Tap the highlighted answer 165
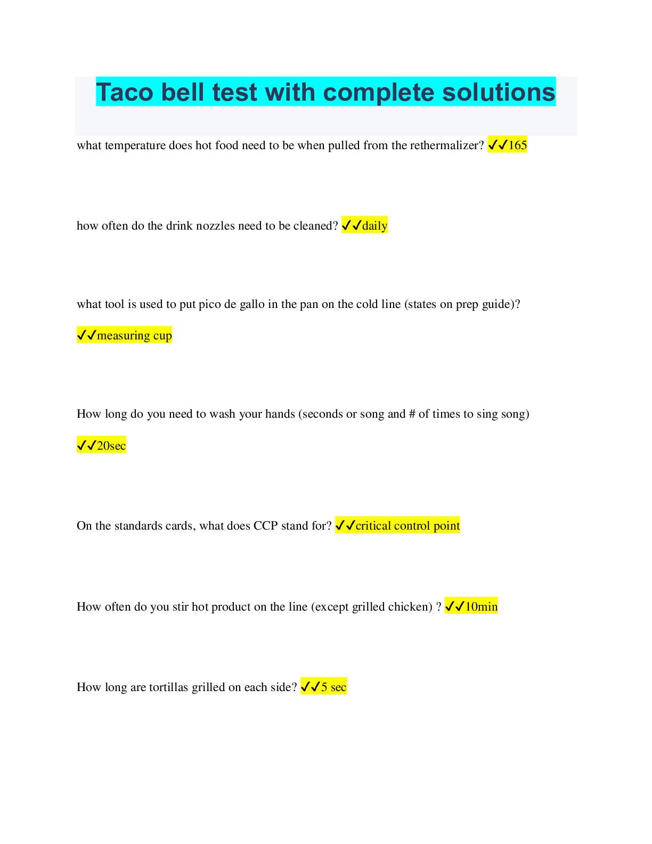[x=517, y=145]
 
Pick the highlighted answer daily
[x=374, y=225]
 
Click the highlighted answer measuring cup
[x=134, y=335]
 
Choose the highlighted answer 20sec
[x=111, y=445]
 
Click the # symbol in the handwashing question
[x=412, y=414]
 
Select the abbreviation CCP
[x=265, y=526]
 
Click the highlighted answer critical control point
[x=407, y=526]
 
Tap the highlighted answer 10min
[x=481, y=606]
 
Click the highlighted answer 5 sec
[x=333, y=687]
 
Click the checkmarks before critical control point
[x=345, y=526]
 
